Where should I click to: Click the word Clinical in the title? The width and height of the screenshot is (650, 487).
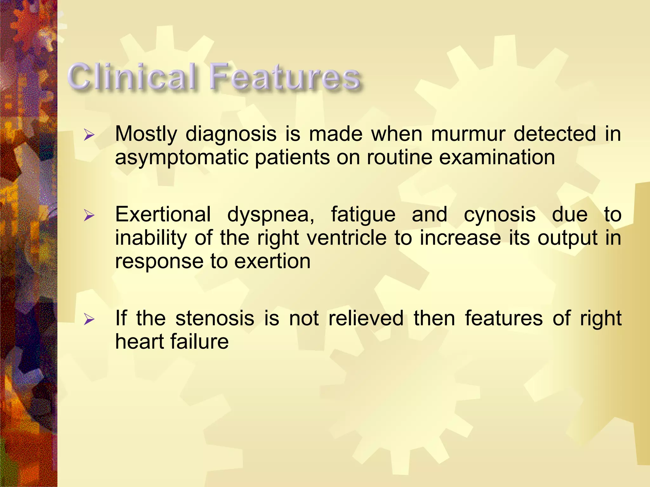click(132, 77)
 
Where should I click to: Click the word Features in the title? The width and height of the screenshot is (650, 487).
click(285, 77)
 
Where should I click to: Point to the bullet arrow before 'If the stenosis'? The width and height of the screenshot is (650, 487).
click(89, 319)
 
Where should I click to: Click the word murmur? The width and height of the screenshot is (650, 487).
click(468, 134)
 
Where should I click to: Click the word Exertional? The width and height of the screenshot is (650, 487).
click(163, 214)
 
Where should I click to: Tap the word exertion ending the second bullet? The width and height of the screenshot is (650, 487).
click(272, 262)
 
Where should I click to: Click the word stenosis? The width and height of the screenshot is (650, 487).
click(215, 318)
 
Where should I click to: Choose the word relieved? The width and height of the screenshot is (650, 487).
click(366, 318)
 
